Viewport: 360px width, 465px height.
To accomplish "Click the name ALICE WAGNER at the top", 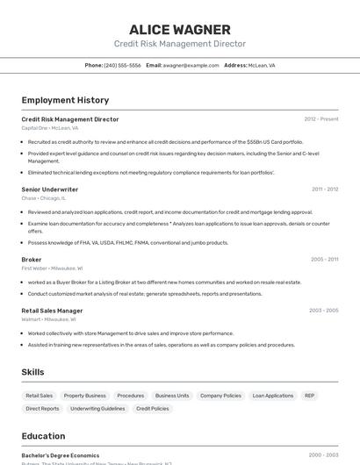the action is [179, 30].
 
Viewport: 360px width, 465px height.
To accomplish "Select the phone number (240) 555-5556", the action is [122, 65].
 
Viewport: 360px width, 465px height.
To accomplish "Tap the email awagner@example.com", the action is [191, 65].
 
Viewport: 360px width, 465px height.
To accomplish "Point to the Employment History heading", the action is [65, 100].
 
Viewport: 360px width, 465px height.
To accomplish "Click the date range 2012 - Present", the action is [321, 119].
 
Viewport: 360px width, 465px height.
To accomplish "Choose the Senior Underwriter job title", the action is [50, 190].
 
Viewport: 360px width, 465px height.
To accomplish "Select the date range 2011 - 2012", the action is [325, 190].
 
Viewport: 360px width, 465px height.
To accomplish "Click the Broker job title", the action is [32, 260].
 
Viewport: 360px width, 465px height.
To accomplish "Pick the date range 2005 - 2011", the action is [325, 260].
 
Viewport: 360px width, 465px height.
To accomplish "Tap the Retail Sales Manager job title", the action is [52, 311].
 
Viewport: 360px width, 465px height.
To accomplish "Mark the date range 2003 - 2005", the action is [324, 311].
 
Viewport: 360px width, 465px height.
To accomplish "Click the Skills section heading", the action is [33, 372].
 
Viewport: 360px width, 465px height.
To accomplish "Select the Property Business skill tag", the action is [84, 396].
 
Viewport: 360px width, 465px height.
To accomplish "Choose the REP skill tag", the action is [309, 396].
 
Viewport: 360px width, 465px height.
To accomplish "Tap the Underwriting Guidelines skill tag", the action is [97, 409].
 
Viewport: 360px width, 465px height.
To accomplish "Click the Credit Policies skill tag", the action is [153, 409].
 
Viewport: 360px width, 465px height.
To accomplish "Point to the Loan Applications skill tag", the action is [273, 396].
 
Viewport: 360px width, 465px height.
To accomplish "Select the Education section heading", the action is [43, 436].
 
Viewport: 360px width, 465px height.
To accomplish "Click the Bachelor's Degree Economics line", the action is [61, 455].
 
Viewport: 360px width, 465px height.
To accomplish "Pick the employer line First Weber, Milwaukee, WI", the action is [52, 268].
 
